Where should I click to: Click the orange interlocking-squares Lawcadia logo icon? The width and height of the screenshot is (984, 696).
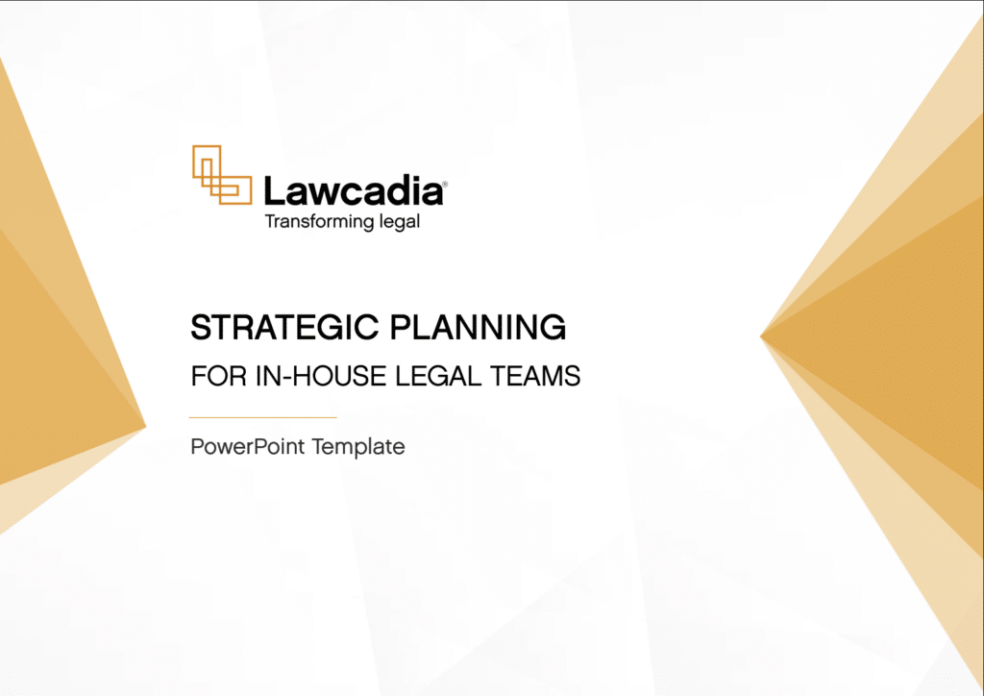(216, 174)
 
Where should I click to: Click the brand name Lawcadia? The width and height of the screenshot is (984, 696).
(352, 190)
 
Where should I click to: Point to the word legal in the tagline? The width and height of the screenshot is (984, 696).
(399, 222)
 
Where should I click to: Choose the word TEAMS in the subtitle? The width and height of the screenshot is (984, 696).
(540, 376)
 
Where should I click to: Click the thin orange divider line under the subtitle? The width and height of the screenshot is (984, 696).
(263, 417)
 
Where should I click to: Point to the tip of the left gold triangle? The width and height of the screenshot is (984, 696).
(144, 427)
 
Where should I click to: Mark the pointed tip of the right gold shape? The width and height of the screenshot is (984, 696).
(761, 336)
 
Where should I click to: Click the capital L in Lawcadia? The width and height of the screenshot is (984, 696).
(274, 190)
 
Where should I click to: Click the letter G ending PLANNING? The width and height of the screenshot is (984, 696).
(552, 328)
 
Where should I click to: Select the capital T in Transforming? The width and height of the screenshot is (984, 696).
(270, 222)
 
